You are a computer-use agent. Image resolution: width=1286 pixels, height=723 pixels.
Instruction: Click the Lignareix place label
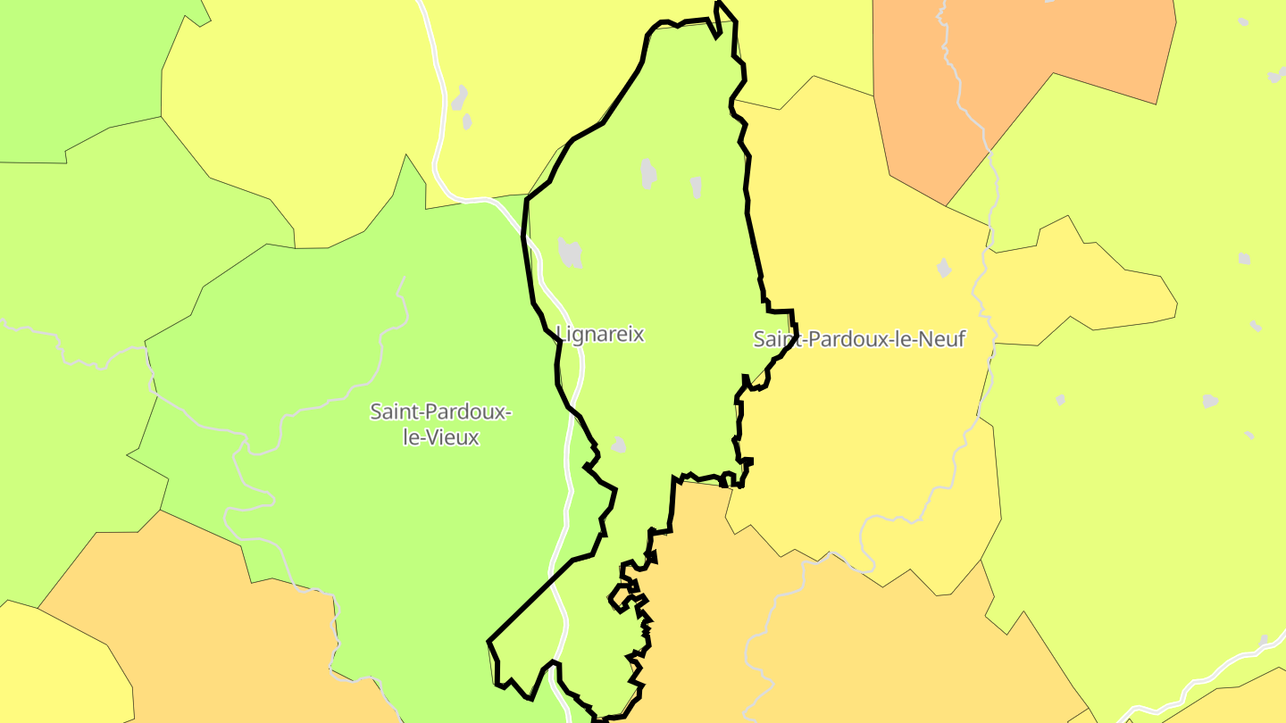pos(600,335)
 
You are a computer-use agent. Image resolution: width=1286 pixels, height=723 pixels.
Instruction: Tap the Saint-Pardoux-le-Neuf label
pos(859,339)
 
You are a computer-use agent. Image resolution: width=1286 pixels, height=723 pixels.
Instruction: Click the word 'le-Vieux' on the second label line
pos(441,438)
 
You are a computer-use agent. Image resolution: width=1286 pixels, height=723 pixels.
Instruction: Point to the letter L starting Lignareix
pos(561,335)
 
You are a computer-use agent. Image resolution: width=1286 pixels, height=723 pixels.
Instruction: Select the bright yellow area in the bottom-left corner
pos(54,669)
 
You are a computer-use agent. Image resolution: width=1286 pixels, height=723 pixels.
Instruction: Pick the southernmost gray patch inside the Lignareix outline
pos(618,445)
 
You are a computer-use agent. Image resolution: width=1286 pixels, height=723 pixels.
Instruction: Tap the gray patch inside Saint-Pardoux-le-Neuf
pos(944,268)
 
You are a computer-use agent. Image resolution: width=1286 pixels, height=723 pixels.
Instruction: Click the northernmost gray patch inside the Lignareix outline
pos(648,173)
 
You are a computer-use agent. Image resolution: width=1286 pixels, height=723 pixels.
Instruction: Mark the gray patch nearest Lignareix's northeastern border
pos(696,187)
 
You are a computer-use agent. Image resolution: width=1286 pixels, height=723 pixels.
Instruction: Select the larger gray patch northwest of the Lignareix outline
pos(459,97)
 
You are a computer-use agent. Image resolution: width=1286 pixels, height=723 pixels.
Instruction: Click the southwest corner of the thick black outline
pos(490,642)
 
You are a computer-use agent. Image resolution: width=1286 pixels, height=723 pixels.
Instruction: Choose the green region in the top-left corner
pos(71,71)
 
